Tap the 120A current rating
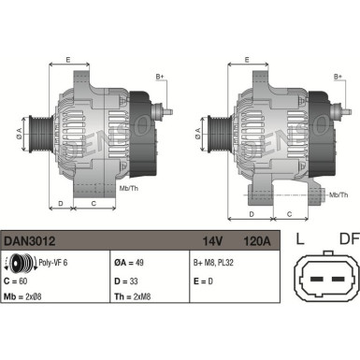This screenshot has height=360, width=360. click(256, 240)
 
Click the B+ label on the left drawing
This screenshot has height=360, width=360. click(160, 76)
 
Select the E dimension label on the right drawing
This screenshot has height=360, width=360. click(247, 59)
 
